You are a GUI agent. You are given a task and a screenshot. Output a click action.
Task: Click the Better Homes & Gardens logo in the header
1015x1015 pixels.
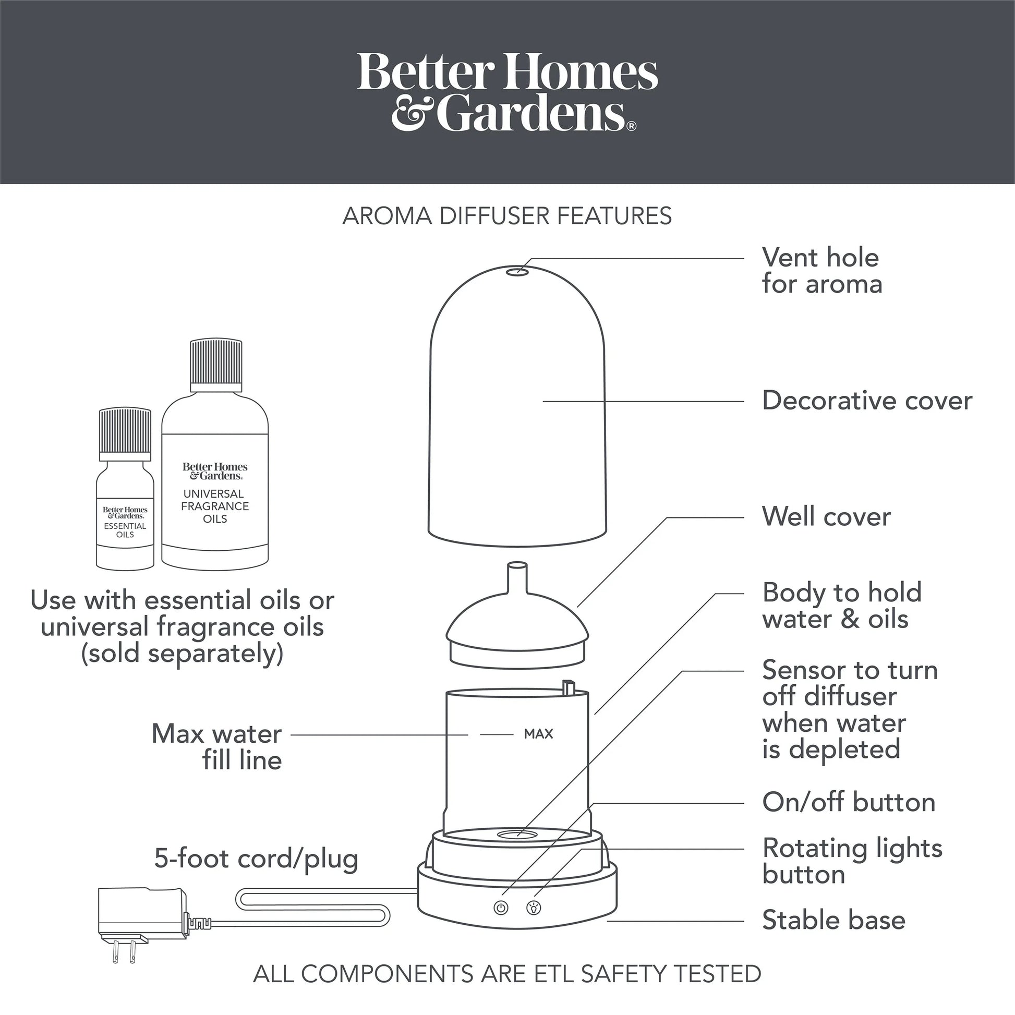[507, 92]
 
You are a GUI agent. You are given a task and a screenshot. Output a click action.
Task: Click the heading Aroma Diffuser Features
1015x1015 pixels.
[507, 216]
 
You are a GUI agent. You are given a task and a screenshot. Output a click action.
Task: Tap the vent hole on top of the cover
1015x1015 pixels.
[521, 271]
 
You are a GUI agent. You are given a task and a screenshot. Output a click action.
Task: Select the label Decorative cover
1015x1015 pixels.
[867, 401]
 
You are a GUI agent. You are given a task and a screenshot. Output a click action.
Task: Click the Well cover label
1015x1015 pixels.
[826, 517]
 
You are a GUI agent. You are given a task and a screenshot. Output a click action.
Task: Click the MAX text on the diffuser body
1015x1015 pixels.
[538, 734]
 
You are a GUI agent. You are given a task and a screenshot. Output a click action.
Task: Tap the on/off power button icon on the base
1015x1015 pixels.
[501, 908]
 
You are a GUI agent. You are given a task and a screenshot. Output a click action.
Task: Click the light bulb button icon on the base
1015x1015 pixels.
[534, 908]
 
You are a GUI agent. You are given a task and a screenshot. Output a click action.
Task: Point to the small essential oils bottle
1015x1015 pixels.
[125, 489]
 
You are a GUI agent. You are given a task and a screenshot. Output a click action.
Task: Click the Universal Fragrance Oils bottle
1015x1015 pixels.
[215, 454]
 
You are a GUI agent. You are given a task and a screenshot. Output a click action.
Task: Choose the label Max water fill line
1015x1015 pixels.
[216, 747]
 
